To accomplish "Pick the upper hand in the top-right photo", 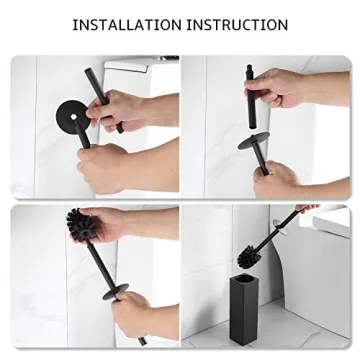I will click(290, 92).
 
